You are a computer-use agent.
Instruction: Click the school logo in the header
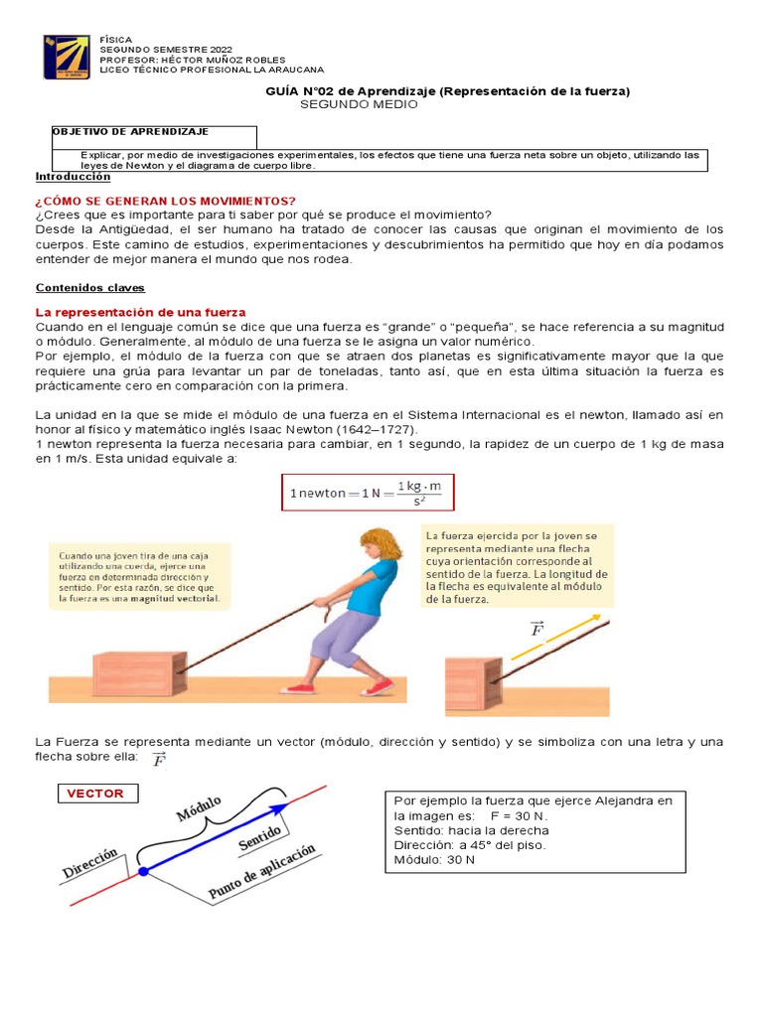point(70,58)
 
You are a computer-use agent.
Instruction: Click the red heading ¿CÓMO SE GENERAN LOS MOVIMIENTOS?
point(166,201)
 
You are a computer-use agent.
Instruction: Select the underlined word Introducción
point(73,176)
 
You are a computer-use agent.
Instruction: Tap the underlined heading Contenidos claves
point(89,287)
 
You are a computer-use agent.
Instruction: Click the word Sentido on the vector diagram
point(261,836)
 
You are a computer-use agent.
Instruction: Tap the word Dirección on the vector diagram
point(89,862)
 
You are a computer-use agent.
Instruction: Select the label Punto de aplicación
point(262,873)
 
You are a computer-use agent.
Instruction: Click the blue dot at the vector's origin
point(143,871)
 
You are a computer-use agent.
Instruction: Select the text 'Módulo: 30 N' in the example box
point(434,859)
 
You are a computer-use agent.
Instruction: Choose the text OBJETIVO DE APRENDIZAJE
point(129,131)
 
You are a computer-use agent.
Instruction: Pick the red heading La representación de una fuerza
point(140,312)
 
